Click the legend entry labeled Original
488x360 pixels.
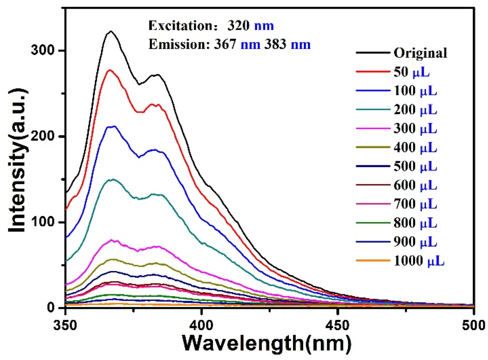pos(420,53)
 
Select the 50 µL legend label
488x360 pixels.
pos(411,72)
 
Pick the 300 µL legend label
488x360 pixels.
pos(415,128)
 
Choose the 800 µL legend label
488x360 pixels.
pos(415,223)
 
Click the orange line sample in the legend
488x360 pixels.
pos(372,261)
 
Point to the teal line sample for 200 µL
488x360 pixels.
pos(372,110)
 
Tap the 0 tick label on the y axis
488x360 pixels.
pos(51,307)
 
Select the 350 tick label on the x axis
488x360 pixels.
pos(65,325)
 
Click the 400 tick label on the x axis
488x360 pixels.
pos(202,325)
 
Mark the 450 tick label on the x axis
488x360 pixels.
pos(338,325)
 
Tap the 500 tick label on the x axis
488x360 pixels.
pos(473,325)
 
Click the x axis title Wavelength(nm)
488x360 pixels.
pos(267,344)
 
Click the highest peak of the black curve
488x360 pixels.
pos(111,31)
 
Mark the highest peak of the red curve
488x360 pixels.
pos(110,70)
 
